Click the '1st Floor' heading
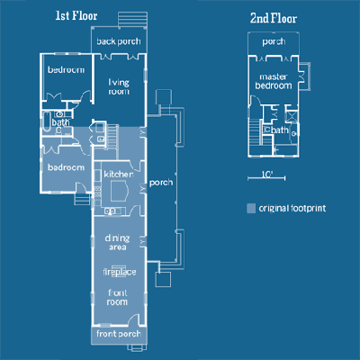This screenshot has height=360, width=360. point(76,16)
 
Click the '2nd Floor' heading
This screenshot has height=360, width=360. point(274,18)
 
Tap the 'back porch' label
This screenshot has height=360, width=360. point(119,41)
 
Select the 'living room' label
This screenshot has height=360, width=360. point(119,86)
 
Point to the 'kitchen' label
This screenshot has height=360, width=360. point(119,174)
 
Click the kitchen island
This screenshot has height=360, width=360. point(120,192)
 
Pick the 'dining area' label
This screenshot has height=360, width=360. point(117,242)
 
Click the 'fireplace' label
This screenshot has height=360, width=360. point(120,272)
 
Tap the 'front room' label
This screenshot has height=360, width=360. point(117,297)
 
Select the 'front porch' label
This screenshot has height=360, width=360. point(119,334)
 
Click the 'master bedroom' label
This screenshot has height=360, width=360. point(274,81)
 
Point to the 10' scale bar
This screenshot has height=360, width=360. point(266,178)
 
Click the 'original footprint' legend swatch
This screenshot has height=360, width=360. point(251,208)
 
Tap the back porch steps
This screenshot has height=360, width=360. point(132,20)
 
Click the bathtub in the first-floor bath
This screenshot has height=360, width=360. point(47,121)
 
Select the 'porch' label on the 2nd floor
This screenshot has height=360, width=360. point(274,41)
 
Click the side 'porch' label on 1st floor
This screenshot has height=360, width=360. point(161,183)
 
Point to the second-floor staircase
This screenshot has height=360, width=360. point(255,131)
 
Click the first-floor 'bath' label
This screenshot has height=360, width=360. point(60,122)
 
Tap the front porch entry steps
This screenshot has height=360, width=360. point(137,347)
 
